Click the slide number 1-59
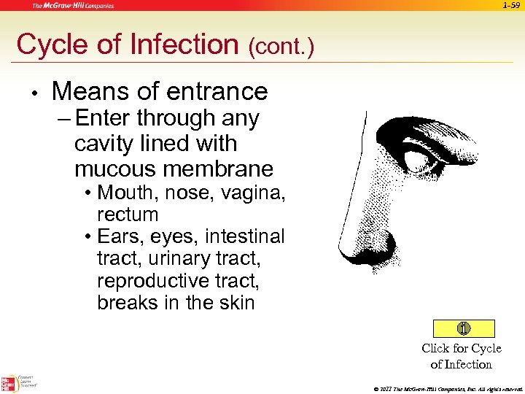click(510, 5)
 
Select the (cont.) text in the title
click(281, 47)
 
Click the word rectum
click(128, 215)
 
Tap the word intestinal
click(245, 237)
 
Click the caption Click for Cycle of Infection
click(461, 356)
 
